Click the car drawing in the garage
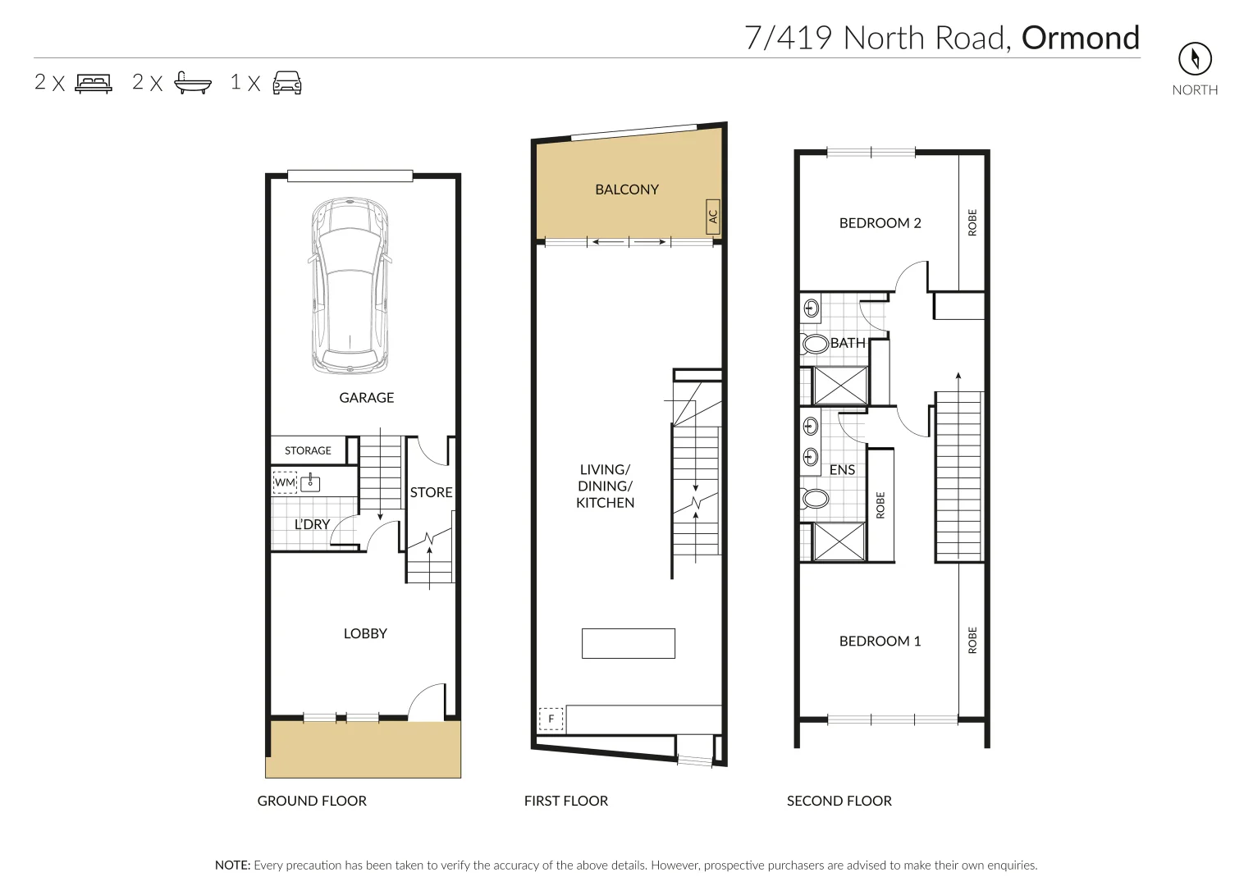pos(350,285)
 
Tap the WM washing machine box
pos(285,482)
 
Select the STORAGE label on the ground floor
pos(308,450)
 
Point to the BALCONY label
pos(627,190)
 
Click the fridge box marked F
pos(551,719)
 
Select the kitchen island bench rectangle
pos(629,643)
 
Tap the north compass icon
pos(1195,58)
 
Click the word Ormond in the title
pos(1081,38)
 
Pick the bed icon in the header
pos(94,83)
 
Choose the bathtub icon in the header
pos(193,83)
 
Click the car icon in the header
pos(287,83)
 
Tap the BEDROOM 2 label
pos(880,223)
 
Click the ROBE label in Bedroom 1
pos(972,640)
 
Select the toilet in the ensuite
pos(815,498)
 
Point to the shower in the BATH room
pos(839,386)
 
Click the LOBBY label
pos(365,633)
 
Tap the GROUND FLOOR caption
pos(312,801)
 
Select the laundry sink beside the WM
pos(310,482)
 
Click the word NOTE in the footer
pos(232,865)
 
